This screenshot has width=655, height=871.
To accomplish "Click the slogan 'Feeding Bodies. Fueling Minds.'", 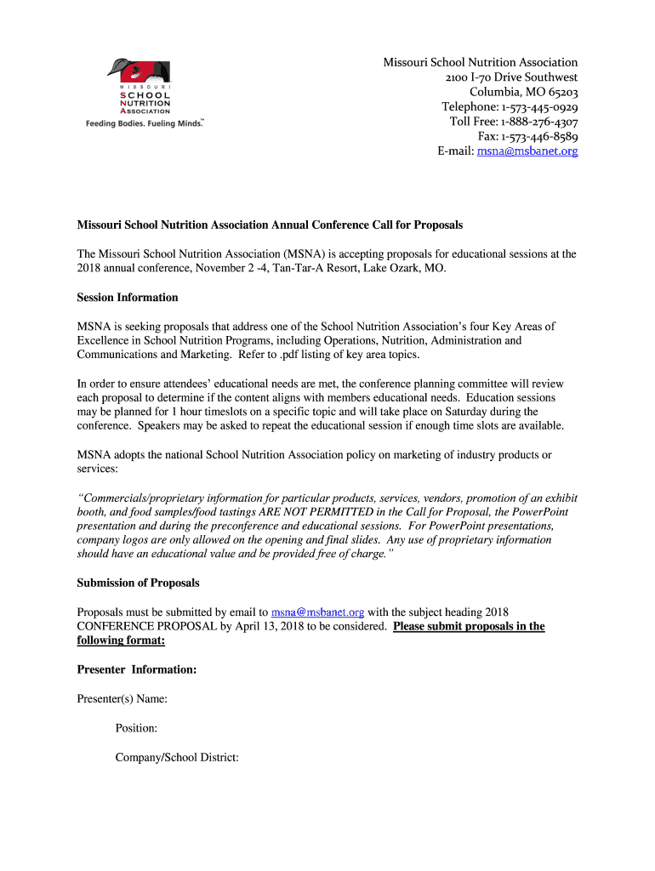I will pyautogui.click(x=145, y=122).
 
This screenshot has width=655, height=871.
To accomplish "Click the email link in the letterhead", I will pyautogui.click(x=527, y=151).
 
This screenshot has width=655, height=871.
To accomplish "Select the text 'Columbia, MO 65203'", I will pyautogui.click(x=524, y=92).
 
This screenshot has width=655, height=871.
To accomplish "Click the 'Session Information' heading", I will pyautogui.click(x=128, y=298).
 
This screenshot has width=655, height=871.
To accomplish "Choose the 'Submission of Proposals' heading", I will pyautogui.click(x=139, y=583).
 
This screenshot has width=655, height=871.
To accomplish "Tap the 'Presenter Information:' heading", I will pyautogui.click(x=137, y=670).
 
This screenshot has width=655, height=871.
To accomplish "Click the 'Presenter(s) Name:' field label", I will pyautogui.click(x=122, y=699).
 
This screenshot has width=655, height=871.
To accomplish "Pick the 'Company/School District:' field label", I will pyautogui.click(x=177, y=757).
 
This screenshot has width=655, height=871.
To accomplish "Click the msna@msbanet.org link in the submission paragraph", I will pyautogui.click(x=317, y=612).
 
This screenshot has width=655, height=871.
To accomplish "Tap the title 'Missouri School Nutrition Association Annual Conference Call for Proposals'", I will pyautogui.click(x=270, y=225).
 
